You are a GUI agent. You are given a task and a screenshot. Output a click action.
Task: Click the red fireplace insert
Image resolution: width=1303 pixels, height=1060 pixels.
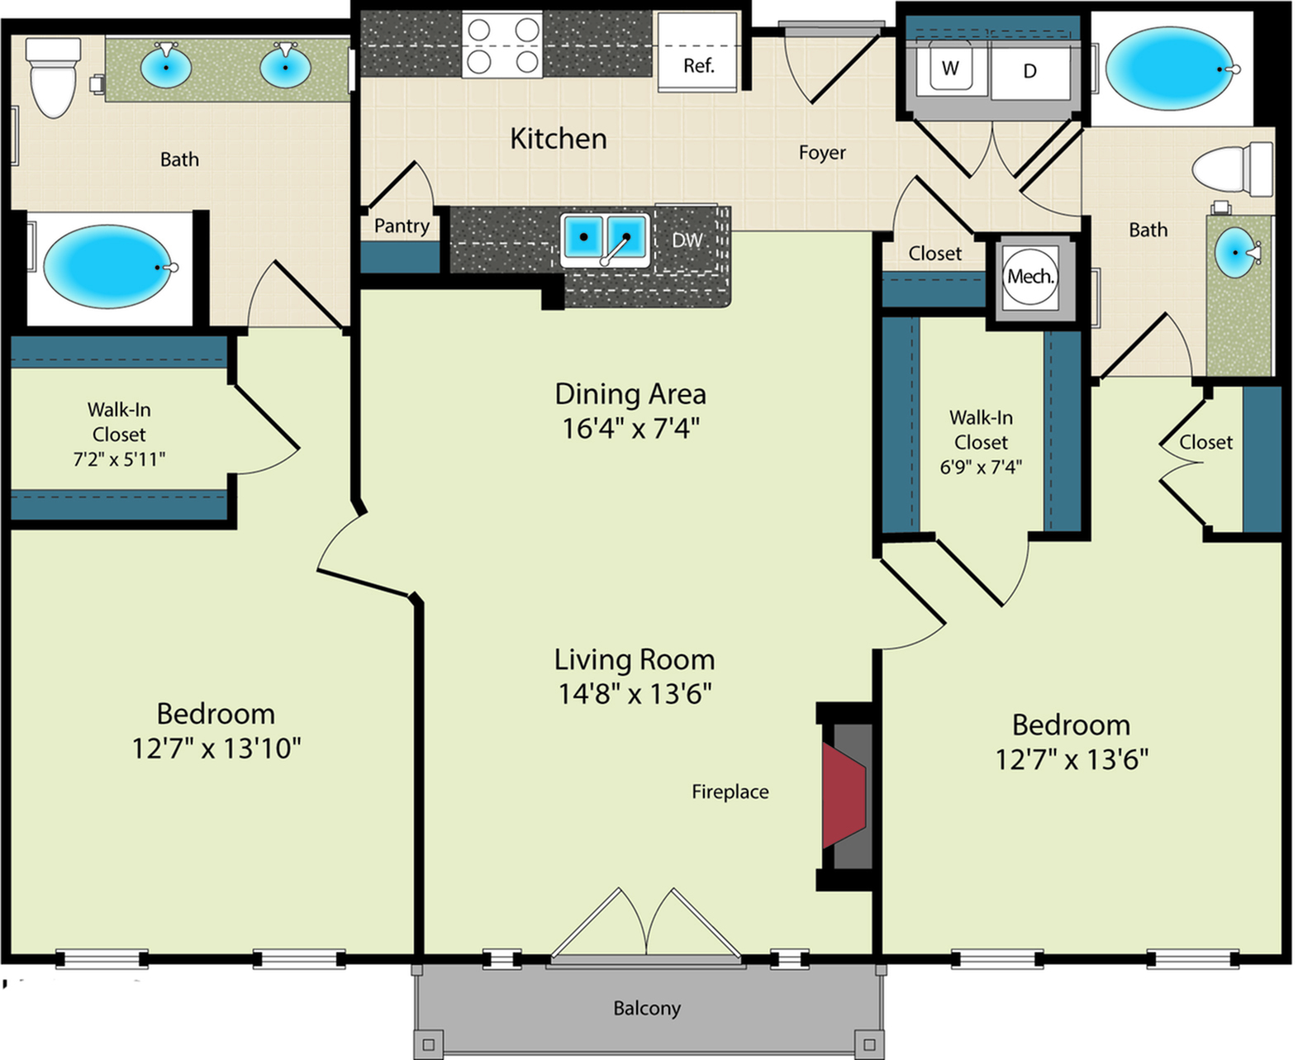click(x=843, y=795)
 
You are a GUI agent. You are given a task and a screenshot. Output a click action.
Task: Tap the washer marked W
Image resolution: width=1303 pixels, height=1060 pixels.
click(x=950, y=69)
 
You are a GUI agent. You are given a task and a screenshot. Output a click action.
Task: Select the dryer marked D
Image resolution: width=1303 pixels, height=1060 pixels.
click(x=1030, y=70)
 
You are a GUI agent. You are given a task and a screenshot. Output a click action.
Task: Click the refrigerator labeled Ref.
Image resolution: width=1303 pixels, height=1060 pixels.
click(x=698, y=52)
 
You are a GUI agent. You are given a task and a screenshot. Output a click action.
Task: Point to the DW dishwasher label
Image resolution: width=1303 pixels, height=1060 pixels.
click(x=687, y=240)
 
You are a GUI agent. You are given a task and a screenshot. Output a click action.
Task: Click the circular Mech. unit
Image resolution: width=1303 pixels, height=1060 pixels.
click(x=1030, y=278)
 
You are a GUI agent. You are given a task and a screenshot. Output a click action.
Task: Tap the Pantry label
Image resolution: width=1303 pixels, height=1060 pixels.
click(x=402, y=226)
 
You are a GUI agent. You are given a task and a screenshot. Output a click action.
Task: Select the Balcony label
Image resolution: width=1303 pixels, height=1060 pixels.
click(x=647, y=1008)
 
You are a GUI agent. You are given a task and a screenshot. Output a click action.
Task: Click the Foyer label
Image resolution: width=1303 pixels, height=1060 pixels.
click(x=822, y=152)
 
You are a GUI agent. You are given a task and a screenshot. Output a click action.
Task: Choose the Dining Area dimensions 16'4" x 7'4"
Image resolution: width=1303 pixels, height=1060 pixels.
click(x=630, y=428)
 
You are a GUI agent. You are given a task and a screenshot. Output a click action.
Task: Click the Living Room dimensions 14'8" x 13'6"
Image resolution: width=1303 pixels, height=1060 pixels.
click(x=635, y=694)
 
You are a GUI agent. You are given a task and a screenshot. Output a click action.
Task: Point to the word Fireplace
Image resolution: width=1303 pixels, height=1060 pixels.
click(x=730, y=792)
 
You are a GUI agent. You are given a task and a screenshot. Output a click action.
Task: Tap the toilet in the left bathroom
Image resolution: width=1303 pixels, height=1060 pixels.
click(x=54, y=77)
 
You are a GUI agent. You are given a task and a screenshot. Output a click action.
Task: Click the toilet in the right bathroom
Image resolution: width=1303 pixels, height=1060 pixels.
click(x=1232, y=169)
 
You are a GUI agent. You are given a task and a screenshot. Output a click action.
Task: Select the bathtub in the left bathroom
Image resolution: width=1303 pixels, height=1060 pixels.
click(x=107, y=267)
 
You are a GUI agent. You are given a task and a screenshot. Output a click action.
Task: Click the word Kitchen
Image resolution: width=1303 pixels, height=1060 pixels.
click(x=559, y=139)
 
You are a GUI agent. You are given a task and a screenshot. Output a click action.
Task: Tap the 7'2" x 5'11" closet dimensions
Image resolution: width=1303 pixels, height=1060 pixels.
click(x=119, y=459)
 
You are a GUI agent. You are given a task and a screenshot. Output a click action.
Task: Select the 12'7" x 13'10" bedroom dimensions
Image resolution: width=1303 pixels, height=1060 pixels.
click(x=216, y=749)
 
